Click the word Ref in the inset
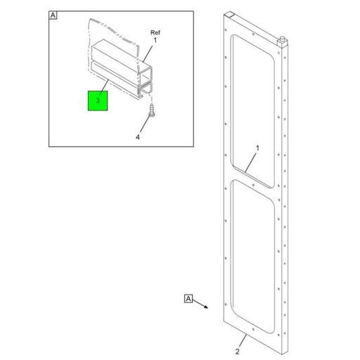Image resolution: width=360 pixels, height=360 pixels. [155, 32]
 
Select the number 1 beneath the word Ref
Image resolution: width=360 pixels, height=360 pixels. [155, 41]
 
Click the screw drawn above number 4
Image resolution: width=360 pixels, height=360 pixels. [152, 110]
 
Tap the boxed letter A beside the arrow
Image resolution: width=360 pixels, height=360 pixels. [188, 298]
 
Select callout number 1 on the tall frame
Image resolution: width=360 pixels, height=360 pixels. [257, 148]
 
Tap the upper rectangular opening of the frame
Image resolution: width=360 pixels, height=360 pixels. [252, 105]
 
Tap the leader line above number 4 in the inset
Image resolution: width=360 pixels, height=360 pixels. [144, 124]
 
